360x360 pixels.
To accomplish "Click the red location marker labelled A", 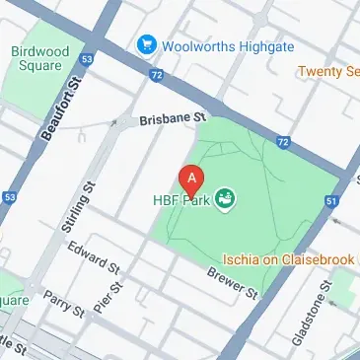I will coord(190,180).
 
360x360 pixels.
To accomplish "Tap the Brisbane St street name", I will coord(172,117).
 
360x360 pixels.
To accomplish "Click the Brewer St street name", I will coord(232,282).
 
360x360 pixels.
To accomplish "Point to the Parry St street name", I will coord(64,307).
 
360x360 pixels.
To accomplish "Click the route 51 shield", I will coord(331,201).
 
